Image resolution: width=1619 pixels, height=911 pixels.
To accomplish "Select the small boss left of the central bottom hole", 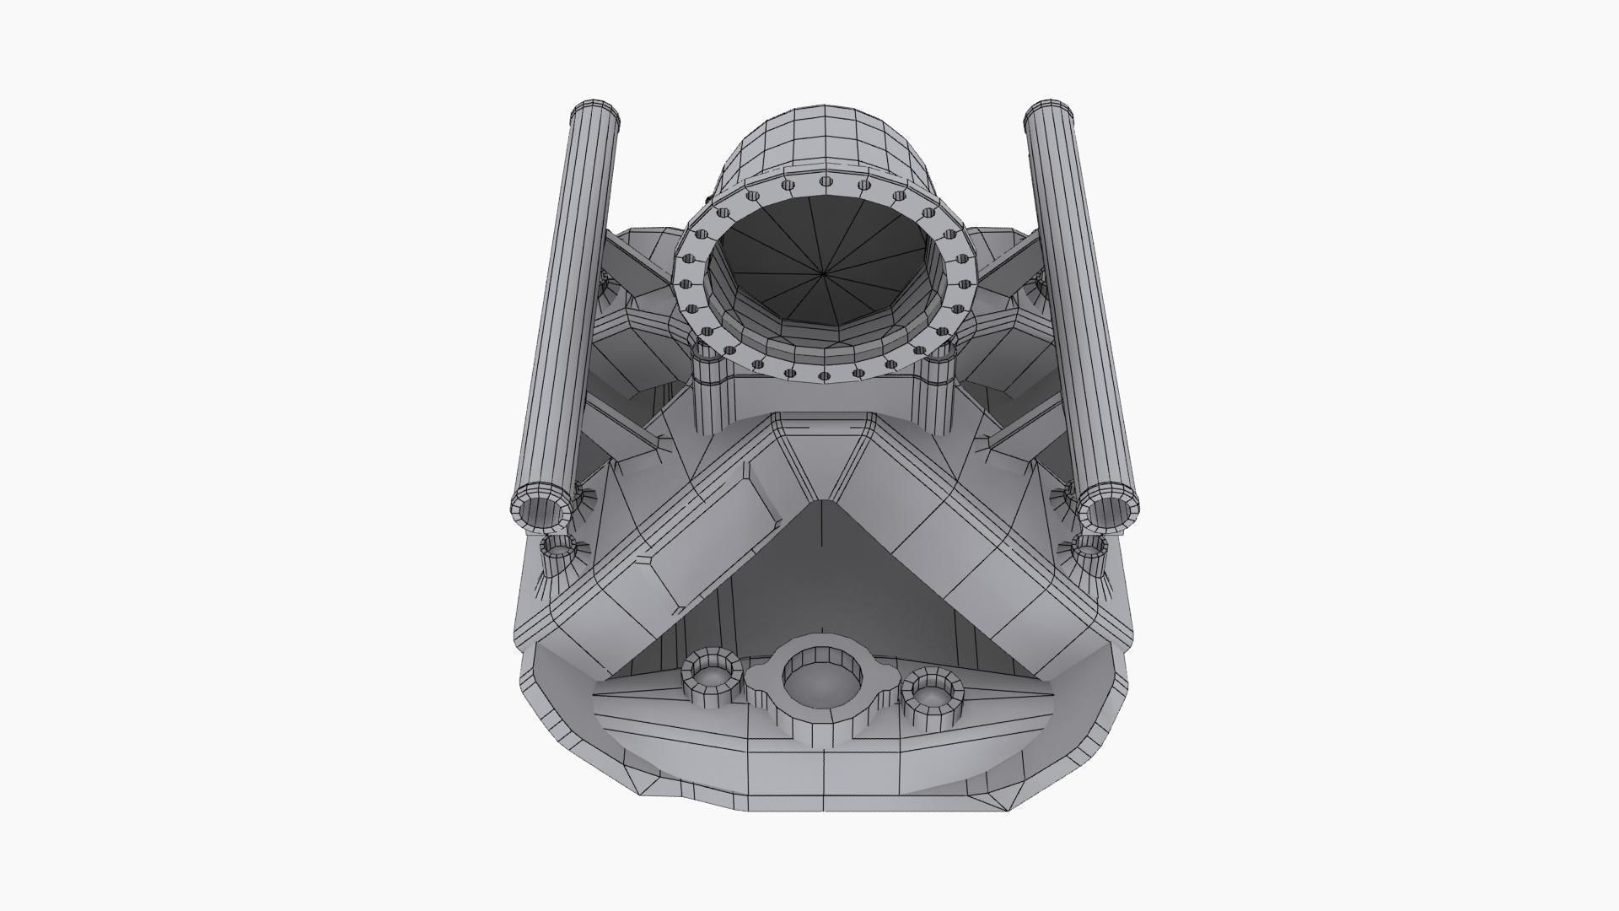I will tap(713, 675).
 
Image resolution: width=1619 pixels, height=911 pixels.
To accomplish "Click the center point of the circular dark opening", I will tap(824, 272).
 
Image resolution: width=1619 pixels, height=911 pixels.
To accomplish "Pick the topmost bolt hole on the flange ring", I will tap(825, 181).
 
